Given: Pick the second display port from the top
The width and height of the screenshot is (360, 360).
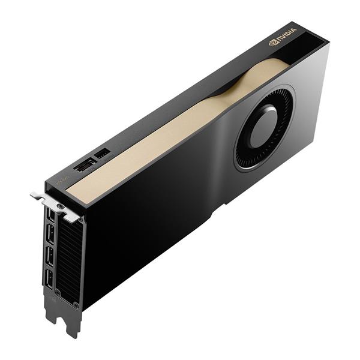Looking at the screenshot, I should pyautogui.click(x=50, y=236).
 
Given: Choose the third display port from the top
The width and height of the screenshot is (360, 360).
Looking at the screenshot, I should pyautogui.click(x=50, y=257).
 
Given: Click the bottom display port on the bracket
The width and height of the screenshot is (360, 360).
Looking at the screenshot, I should pyautogui.click(x=49, y=278).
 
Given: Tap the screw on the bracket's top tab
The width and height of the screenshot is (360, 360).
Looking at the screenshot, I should pyautogui.click(x=60, y=205).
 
